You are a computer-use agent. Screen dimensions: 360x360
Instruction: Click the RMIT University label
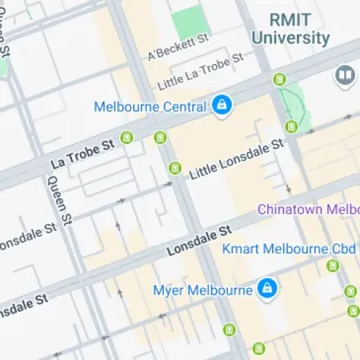click(x=300, y=28)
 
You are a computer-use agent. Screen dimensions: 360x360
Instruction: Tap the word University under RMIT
click(x=300, y=37)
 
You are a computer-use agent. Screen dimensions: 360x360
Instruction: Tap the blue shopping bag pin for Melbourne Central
click(x=221, y=106)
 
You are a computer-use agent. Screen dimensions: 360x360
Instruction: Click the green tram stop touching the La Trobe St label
click(x=127, y=137)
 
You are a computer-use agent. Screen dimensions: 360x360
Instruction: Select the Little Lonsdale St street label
click(x=237, y=160)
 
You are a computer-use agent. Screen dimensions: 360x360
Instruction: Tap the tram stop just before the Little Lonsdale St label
click(x=174, y=168)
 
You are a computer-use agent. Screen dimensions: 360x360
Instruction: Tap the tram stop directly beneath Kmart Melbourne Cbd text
click(x=332, y=266)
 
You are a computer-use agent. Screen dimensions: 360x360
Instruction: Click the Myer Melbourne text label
click(x=202, y=290)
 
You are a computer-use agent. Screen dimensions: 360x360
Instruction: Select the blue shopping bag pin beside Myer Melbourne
click(x=268, y=288)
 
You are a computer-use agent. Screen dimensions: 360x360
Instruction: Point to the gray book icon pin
click(x=345, y=74)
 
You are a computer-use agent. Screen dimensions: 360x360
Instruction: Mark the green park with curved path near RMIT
click(x=294, y=105)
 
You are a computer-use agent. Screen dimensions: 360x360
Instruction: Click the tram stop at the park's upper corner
click(x=278, y=78)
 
